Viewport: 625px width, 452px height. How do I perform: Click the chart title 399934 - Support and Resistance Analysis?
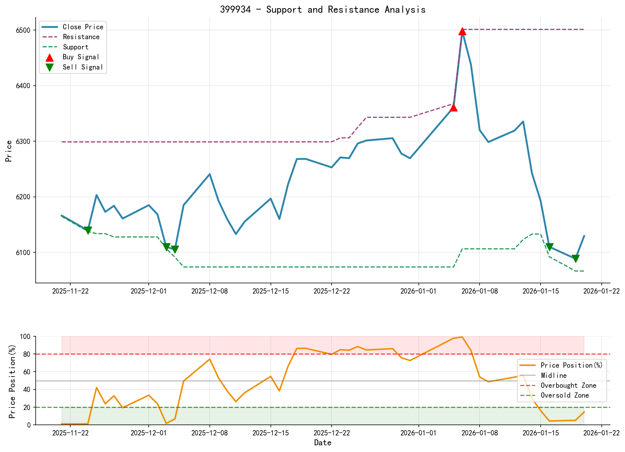tap(323, 10)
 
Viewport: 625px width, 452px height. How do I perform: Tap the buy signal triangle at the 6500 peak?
tap(462, 31)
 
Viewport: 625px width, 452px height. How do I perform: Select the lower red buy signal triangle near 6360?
tap(454, 107)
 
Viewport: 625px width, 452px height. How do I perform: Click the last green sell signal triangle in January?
tap(576, 259)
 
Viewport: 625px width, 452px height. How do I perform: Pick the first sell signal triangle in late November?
tap(88, 230)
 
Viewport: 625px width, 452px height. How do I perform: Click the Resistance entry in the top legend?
tap(81, 37)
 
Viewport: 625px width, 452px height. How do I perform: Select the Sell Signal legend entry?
tap(83, 67)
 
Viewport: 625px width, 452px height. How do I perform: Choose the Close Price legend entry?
tap(83, 27)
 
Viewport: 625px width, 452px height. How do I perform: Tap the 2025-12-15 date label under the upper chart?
tap(270, 291)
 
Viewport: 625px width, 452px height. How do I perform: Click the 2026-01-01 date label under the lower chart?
tap(418, 433)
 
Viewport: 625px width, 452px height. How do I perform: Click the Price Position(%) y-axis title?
tap(12, 381)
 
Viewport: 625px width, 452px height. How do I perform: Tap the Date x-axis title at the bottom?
tap(323, 443)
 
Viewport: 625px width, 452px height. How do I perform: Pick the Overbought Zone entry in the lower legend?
tap(568, 385)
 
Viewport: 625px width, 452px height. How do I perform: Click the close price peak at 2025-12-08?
tap(210, 174)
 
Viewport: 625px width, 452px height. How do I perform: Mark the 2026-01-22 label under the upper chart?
tap(601, 291)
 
